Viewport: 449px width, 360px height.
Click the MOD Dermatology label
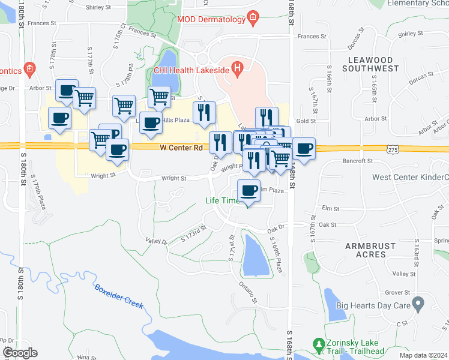(211, 19)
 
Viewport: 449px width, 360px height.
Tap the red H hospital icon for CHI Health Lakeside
(238, 69)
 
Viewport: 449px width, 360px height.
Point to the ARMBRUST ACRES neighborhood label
(366, 250)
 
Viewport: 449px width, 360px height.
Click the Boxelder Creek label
(119, 296)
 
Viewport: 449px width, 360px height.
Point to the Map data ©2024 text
(424, 355)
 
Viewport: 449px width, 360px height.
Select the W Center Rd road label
(181, 147)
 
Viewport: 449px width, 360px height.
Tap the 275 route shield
(391, 148)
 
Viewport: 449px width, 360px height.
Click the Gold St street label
(306, 121)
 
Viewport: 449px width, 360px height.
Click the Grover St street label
(397, 293)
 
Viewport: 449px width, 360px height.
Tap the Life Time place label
(222, 200)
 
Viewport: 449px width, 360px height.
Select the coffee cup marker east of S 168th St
(304, 149)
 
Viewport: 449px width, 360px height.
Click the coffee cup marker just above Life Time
(249, 191)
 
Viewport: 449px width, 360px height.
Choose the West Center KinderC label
(410, 177)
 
